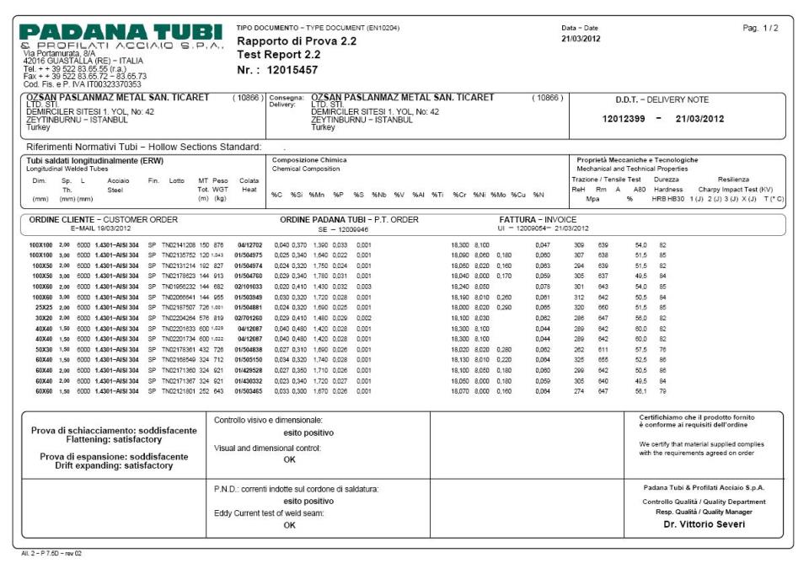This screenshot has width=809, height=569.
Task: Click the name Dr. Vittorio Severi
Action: tap(705, 523)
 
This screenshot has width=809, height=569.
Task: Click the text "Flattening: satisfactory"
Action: tap(119, 438)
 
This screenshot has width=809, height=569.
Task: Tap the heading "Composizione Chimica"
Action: tap(309, 159)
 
